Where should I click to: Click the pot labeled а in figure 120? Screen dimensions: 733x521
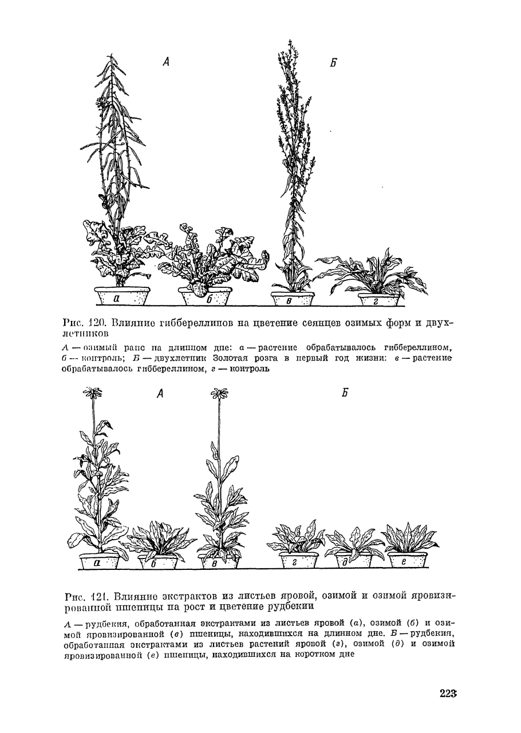point(122,297)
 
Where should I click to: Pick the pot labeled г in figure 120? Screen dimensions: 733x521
point(378,300)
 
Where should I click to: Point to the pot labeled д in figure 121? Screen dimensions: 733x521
point(352,561)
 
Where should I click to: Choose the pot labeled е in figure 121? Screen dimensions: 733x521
point(407,561)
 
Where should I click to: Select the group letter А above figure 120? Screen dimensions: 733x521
point(166,62)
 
